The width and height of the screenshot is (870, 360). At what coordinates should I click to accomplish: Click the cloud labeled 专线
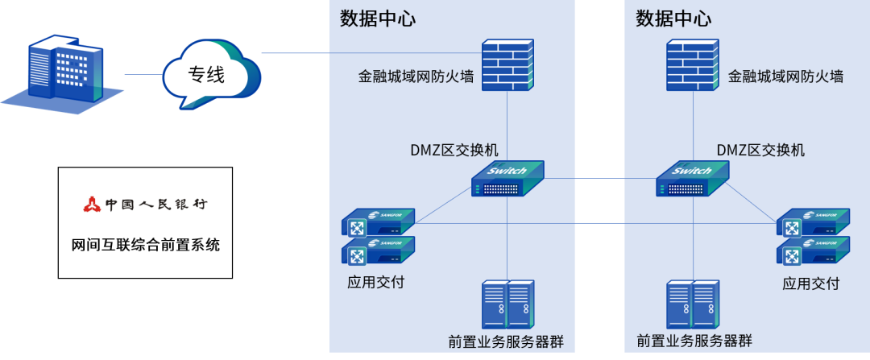click(211, 74)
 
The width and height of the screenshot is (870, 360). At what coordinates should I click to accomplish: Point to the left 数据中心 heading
click(378, 19)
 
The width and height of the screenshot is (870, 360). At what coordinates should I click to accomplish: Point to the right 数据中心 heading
click(673, 19)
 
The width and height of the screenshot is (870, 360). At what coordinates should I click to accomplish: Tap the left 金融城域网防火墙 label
click(416, 77)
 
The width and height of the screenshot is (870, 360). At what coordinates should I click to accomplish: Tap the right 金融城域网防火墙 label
click(785, 77)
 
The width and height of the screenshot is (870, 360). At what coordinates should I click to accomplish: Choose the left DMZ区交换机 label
click(454, 150)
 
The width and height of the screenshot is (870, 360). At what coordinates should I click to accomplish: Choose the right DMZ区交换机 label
click(760, 150)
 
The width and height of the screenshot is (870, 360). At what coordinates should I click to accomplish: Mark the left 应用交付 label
click(375, 283)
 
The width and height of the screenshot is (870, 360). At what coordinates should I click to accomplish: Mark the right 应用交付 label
click(810, 283)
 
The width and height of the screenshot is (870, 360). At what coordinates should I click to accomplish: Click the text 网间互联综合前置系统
click(145, 245)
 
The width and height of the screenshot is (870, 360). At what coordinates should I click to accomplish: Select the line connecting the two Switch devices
click(600, 178)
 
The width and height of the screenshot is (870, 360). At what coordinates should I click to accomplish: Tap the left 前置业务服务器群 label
click(506, 341)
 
